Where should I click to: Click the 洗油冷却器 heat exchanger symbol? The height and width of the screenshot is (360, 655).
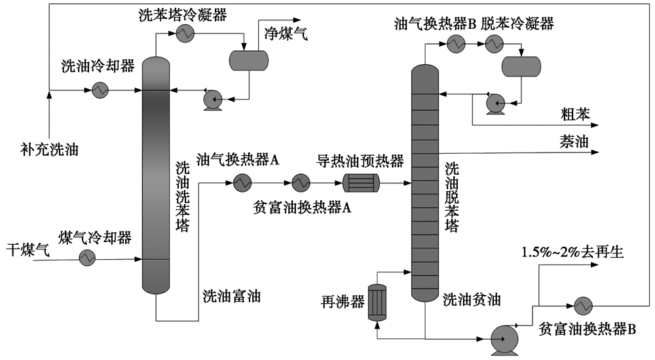[100, 90]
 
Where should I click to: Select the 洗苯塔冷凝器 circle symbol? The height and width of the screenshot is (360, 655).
[185, 33]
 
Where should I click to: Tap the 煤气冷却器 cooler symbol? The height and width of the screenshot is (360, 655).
[87, 258]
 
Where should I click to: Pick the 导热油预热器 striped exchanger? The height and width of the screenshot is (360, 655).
[361, 183]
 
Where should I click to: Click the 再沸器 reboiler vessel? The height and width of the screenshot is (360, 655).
[377, 302]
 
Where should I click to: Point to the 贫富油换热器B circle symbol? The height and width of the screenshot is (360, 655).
[583, 306]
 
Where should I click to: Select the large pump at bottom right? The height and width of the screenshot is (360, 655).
[504, 338]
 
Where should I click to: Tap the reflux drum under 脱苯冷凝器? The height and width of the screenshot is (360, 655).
[521, 66]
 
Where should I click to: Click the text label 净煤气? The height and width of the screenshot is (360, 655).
[286, 33]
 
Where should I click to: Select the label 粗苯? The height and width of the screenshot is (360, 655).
[575, 114]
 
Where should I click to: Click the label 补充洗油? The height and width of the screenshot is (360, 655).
[49, 149]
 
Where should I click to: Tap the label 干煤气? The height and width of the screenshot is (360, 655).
[28, 250]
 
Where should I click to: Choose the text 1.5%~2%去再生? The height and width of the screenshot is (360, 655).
[572, 252]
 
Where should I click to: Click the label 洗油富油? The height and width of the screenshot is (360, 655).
[232, 296]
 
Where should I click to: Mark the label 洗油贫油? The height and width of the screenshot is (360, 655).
[472, 299]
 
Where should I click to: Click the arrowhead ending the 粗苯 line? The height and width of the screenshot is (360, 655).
[595, 125]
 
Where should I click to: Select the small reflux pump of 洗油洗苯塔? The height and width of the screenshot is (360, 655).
[213, 99]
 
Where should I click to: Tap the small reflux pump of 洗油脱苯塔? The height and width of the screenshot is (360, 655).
[496, 103]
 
